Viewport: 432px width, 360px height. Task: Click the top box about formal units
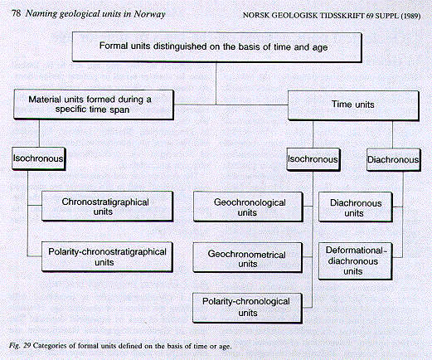pyautogui.click(x=217, y=46)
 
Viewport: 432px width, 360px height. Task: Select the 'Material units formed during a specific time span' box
pyautogui.click(x=94, y=105)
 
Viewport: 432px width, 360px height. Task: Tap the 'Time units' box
pyautogui.click(x=353, y=105)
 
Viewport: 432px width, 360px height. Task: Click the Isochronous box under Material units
pyautogui.click(x=38, y=158)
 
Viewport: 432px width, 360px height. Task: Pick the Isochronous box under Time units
pyautogui.click(x=313, y=159)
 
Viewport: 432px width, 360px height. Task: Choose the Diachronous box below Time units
pyautogui.click(x=394, y=160)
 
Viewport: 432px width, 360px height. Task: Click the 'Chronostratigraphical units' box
pyautogui.click(x=107, y=207)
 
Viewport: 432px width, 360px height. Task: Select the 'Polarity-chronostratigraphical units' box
pyautogui.click(x=107, y=257)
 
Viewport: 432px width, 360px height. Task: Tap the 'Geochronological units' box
pyautogui.click(x=248, y=207)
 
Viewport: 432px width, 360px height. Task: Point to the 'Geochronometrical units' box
pyautogui.click(x=248, y=258)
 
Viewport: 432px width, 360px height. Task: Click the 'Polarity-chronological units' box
pyautogui.click(x=247, y=308)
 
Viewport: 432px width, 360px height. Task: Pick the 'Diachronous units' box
pyautogui.click(x=356, y=207)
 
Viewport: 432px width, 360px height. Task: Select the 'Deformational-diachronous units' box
pyautogui.click(x=355, y=261)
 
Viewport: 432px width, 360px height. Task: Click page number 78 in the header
pyautogui.click(x=17, y=13)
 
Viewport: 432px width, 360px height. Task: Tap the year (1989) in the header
pyautogui.click(x=410, y=16)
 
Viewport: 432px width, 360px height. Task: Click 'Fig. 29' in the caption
pyautogui.click(x=20, y=346)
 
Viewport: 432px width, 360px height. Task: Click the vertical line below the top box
pyautogui.click(x=216, y=83)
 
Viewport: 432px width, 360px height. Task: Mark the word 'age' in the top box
pyautogui.click(x=320, y=48)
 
